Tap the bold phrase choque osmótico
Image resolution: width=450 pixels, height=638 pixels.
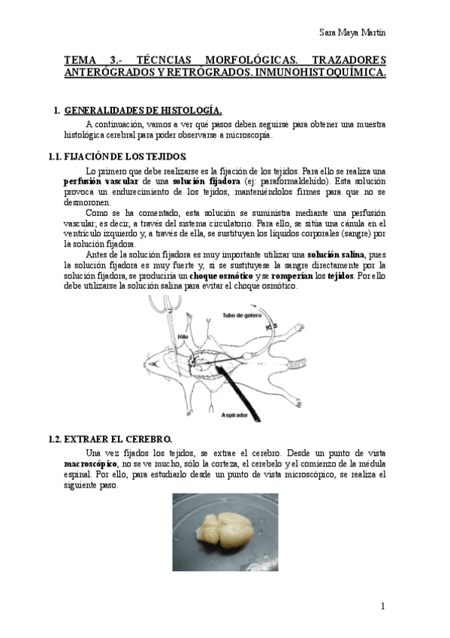[222, 275]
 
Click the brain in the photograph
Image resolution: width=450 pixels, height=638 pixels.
[223, 532]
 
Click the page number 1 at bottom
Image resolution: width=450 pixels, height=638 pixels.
[382, 606]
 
